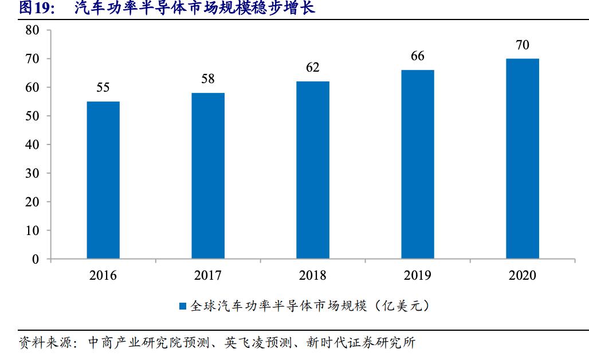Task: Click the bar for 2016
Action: tap(103, 180)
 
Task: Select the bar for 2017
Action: tap(208, 176)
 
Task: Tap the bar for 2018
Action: tap(313, 170)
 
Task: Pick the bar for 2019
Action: tap(418, 165)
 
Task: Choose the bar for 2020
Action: tap(523, 159)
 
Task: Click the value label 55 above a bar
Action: tap(103, 88)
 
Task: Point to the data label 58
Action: tap(208, 79)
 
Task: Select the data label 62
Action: tap(313, 68)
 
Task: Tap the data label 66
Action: tap(418, 56)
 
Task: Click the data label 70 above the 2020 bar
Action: tap(523, 45)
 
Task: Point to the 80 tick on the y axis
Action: tap(32, 30)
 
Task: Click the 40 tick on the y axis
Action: tap(32, 145)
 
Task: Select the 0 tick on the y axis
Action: tap(36, 260)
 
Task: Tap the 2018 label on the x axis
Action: tap(313, 276)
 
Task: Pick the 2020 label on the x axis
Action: tap(523, 276)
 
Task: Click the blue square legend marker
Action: tap(183, 307)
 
